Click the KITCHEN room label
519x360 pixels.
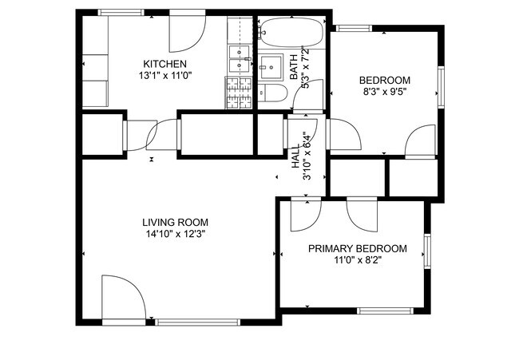164,64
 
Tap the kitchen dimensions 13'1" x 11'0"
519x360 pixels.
164,75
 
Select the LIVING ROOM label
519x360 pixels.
175,222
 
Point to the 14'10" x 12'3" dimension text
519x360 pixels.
175,234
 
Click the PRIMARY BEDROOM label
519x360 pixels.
357,248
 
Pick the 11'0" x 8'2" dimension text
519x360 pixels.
357,260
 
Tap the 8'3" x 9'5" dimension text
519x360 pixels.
384,92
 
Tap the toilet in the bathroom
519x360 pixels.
272,93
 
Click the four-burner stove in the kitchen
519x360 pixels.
239,93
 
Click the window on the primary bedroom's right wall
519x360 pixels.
426,250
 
